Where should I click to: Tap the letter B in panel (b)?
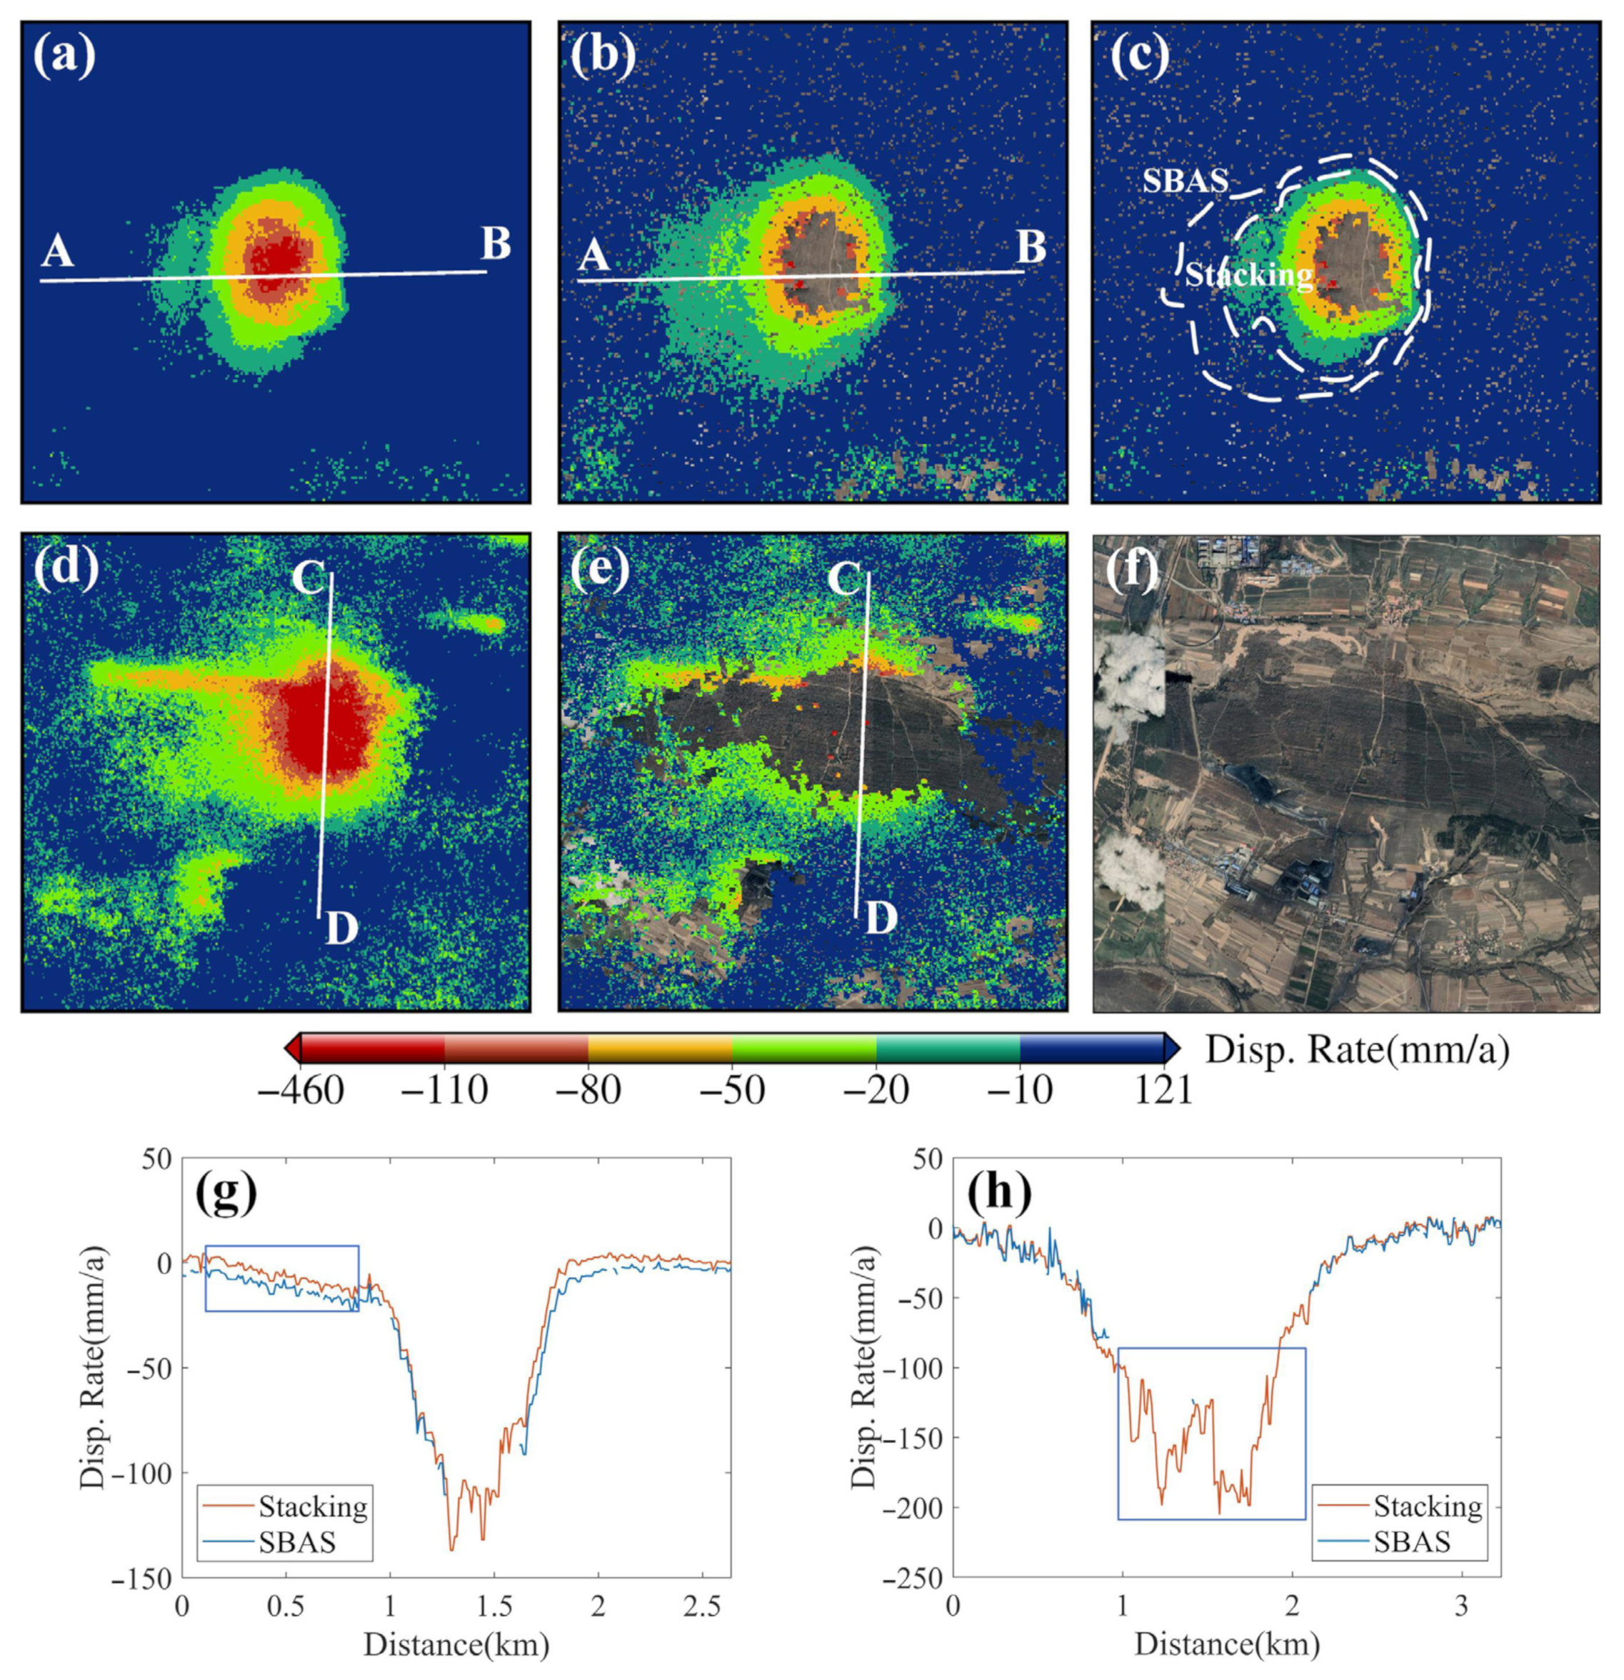click(x=1031, y=248)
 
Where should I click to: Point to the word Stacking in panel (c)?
click(x=1248, y=275)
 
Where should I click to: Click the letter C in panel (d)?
click(x=309, y=579)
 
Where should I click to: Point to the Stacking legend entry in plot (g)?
click(x=313, y=1506)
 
